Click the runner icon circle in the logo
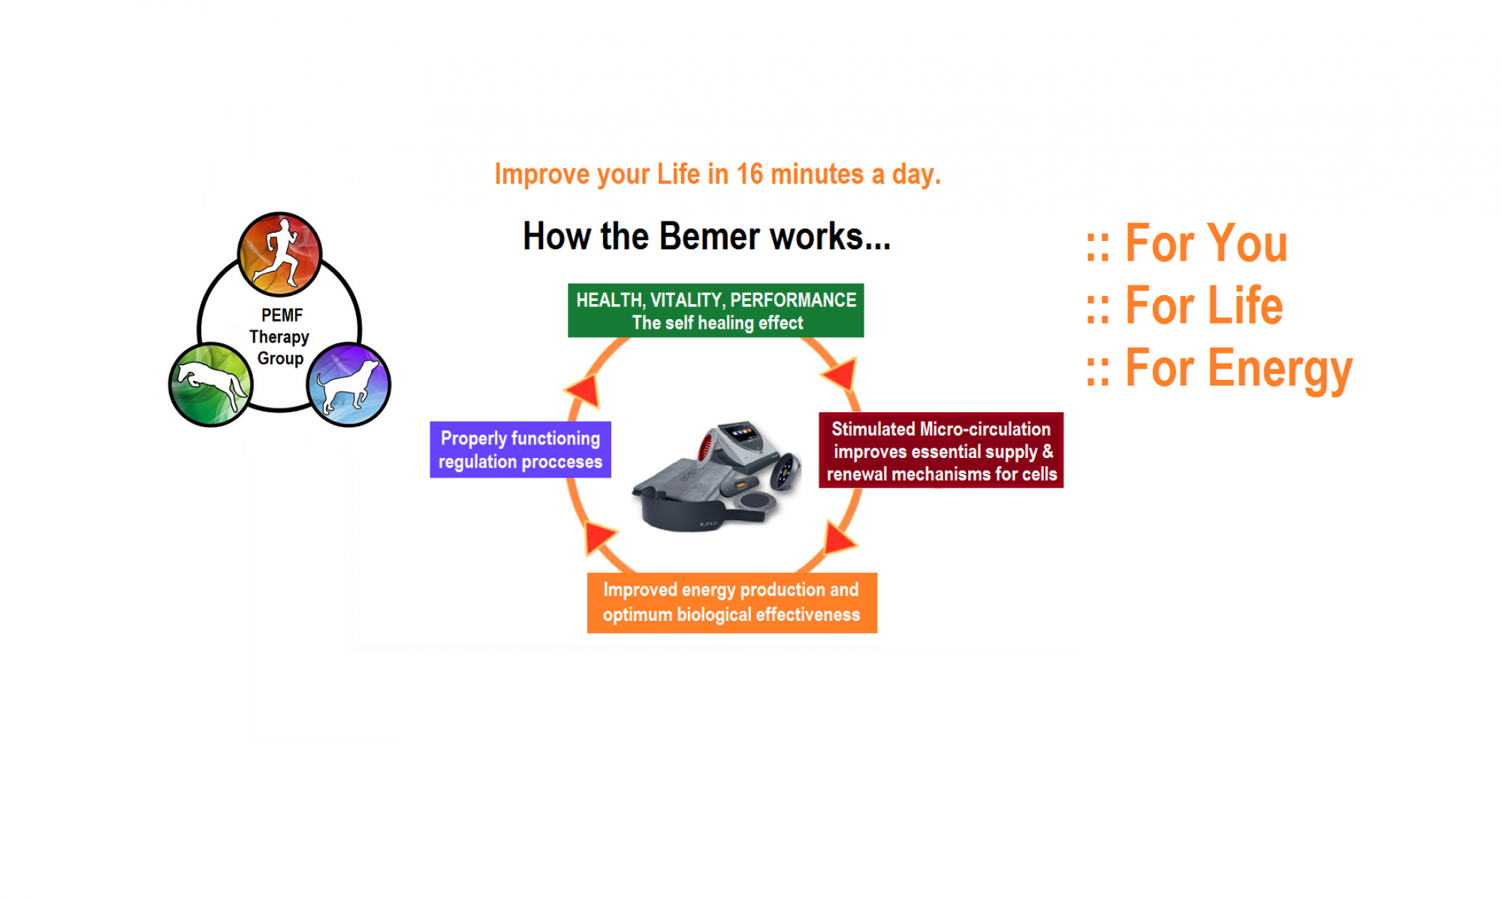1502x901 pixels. (279, 254)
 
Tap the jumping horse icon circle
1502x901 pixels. (210, 384)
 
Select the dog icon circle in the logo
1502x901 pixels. (348, 384)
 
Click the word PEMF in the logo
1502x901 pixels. (282, 315)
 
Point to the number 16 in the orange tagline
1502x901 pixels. (749, 174)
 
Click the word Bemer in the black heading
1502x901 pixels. (709, 237)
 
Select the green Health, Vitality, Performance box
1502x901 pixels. (716, 310)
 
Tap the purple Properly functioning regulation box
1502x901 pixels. (520, 450)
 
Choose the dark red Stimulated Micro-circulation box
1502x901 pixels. (940, 450)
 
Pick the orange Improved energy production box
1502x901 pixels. (731, 603)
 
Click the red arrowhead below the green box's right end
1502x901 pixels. (840, 373)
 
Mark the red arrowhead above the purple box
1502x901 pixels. (584, 390)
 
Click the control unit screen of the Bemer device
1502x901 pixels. (743, 434)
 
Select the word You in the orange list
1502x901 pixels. (1246, 243)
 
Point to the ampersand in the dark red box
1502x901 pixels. (1047, 452)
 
